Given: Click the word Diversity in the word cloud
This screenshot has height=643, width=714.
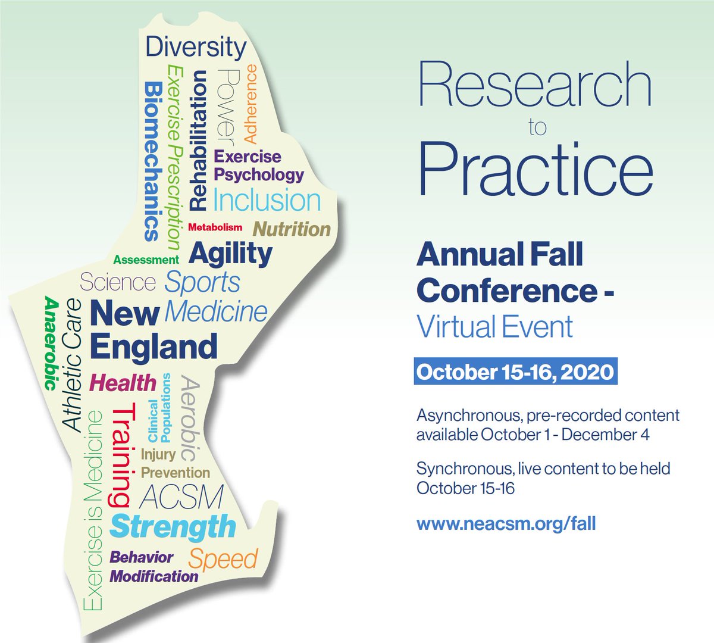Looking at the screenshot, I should [196, 47].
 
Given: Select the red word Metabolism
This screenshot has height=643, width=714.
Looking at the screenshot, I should [215, 227].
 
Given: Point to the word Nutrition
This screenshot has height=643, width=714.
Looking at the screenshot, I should [292, 229].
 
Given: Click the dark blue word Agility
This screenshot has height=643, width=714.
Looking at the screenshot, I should [230, 254].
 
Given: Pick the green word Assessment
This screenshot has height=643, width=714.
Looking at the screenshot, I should [146, 260].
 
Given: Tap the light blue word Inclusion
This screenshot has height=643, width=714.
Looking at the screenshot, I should [267, 200].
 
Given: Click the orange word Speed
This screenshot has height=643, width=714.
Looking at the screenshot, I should [223, 558].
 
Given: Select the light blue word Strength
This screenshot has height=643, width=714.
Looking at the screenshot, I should [173, 527].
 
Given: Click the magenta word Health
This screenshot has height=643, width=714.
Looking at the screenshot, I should [123, 383].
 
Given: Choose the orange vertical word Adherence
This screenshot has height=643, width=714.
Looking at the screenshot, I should [250, 104].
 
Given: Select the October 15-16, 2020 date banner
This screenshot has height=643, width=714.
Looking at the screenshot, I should [515, 372].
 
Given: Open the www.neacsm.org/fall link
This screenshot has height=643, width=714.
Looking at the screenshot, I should [506, 524].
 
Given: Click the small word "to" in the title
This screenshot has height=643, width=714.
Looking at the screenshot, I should [537, 127].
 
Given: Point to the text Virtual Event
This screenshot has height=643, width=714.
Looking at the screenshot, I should [494, 327].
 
